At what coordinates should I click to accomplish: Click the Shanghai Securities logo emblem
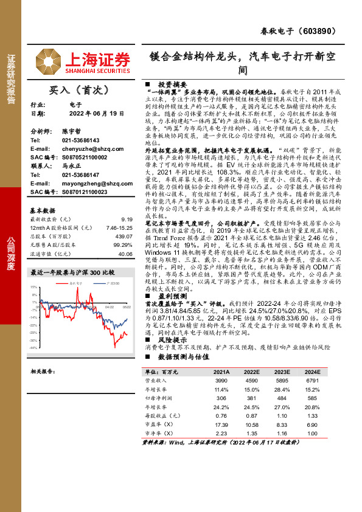coord(48,60)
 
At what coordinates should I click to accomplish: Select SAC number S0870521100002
coord(85,157)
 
